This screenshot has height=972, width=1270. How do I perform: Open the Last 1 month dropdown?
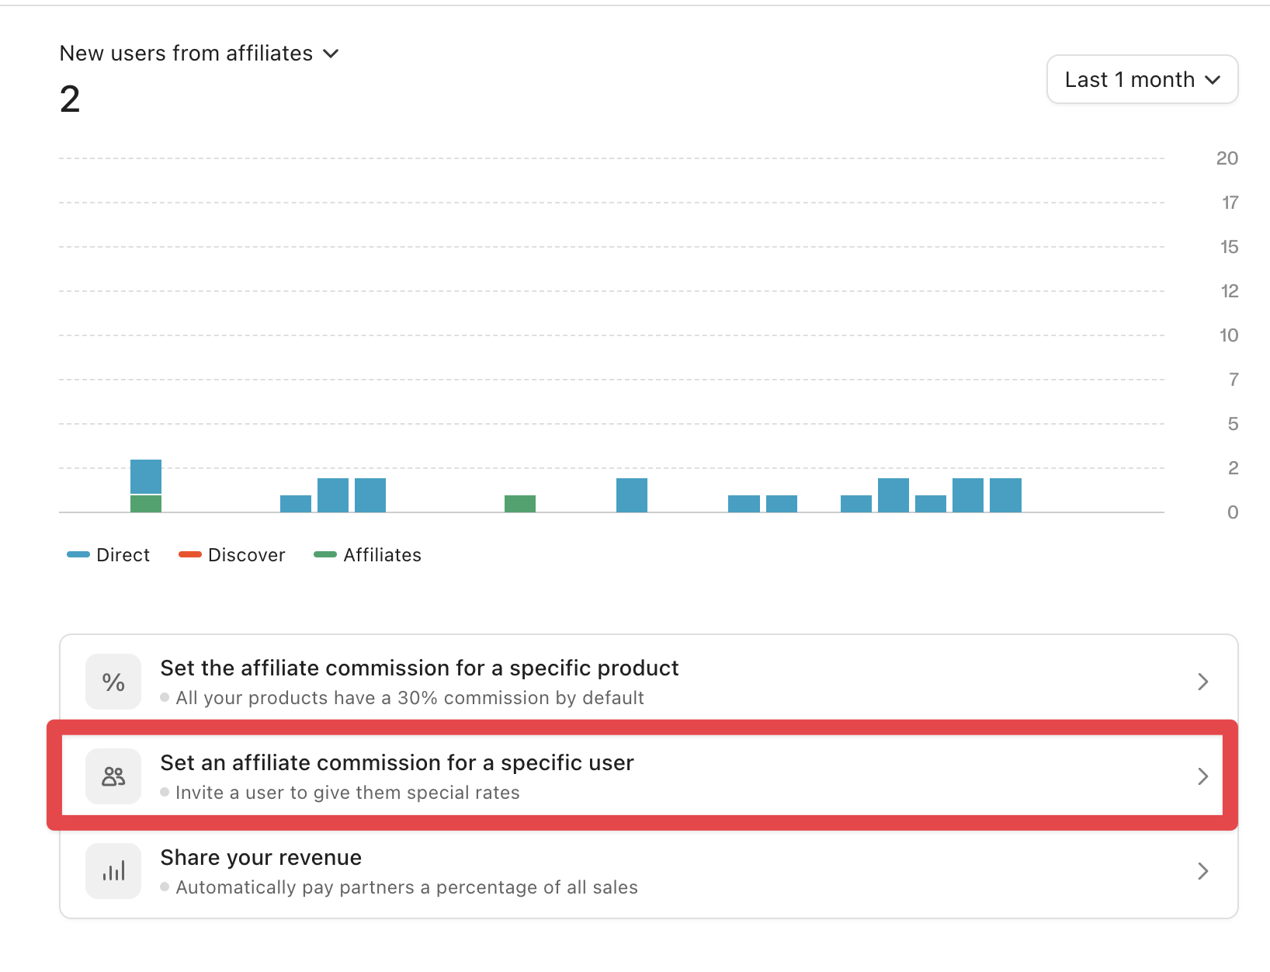click(1142, 79)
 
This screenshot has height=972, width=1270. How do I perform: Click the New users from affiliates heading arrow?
click(331, 54)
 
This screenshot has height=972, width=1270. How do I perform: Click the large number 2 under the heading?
click(70, 99)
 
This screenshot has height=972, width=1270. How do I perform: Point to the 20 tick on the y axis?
click(1227, 158)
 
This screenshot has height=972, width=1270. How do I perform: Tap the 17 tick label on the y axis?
click(1230, 203)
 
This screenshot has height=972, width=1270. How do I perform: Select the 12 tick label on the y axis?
click(1229, 291)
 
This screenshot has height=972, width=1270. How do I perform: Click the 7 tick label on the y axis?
click(1233, 380)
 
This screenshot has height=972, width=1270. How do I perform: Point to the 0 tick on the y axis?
click(1232, 512)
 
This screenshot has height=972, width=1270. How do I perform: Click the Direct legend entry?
click(109, 555)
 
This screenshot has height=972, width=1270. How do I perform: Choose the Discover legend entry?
click(232, 555)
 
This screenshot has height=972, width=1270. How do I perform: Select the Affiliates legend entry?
click(368, 555)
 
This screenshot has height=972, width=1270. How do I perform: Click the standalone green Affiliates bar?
click(520, 504)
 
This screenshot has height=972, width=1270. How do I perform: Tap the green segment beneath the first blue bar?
click(146, 504)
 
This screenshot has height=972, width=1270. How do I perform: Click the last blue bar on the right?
click(1005, 495)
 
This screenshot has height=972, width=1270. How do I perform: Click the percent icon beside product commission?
click(113, 682)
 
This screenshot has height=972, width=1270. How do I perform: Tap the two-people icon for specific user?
click(113, 776)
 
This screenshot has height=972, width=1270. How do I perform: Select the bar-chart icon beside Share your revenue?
click(113, 871)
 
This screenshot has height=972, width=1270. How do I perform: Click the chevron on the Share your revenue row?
click(1202, 871)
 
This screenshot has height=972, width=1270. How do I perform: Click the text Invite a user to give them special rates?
click(347, 793)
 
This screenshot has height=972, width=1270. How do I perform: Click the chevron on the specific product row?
click(1202, 682)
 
